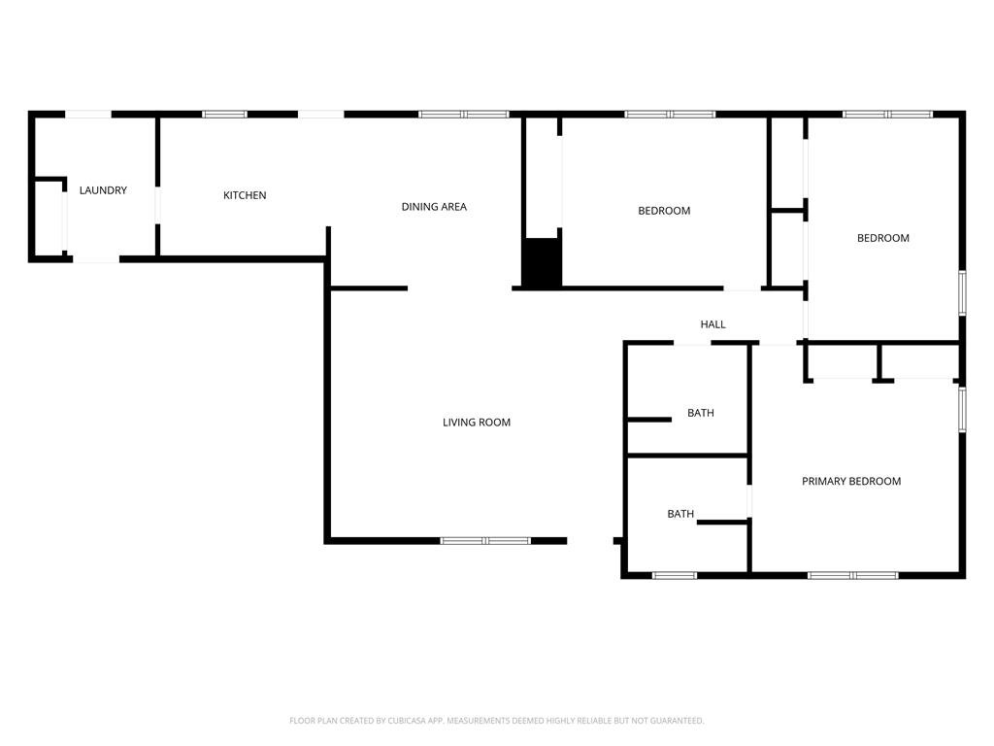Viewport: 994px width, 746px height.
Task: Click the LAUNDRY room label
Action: coord(103,190)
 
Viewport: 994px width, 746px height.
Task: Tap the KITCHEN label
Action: coord(245,195)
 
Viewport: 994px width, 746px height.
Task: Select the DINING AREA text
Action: coord(434,207)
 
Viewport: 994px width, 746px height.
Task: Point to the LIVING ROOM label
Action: coord(477,423)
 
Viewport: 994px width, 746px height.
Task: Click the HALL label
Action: coord(713,324)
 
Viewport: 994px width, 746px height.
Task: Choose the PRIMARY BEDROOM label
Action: coord(851,482)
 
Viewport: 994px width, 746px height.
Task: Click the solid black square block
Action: coord(542,263)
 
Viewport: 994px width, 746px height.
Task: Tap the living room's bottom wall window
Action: coord(485,541)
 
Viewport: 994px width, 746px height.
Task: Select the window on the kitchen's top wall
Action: coord(224,115)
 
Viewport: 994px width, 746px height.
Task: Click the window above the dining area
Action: coord(464,115)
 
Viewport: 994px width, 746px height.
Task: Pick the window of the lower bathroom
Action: coord(675,575)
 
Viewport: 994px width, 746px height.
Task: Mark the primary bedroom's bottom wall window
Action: coord(853,575)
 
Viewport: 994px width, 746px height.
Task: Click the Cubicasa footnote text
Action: coord(497,721)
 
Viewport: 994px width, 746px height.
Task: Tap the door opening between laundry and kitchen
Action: coord(158,204)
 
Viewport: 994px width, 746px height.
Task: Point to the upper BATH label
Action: coord(701,413)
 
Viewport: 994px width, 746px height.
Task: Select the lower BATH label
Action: coord(680,514)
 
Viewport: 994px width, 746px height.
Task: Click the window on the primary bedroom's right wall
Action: coord(962,410)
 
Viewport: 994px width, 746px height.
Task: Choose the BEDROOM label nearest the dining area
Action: coord(664,211)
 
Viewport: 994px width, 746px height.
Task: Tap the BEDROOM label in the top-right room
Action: coord(883,239)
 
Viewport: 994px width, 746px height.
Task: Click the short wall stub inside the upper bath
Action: coord(648,420)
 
